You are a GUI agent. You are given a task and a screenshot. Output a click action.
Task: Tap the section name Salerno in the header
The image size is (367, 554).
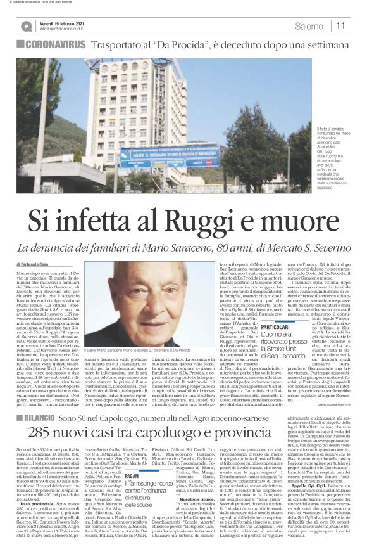(x=309, y=26)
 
